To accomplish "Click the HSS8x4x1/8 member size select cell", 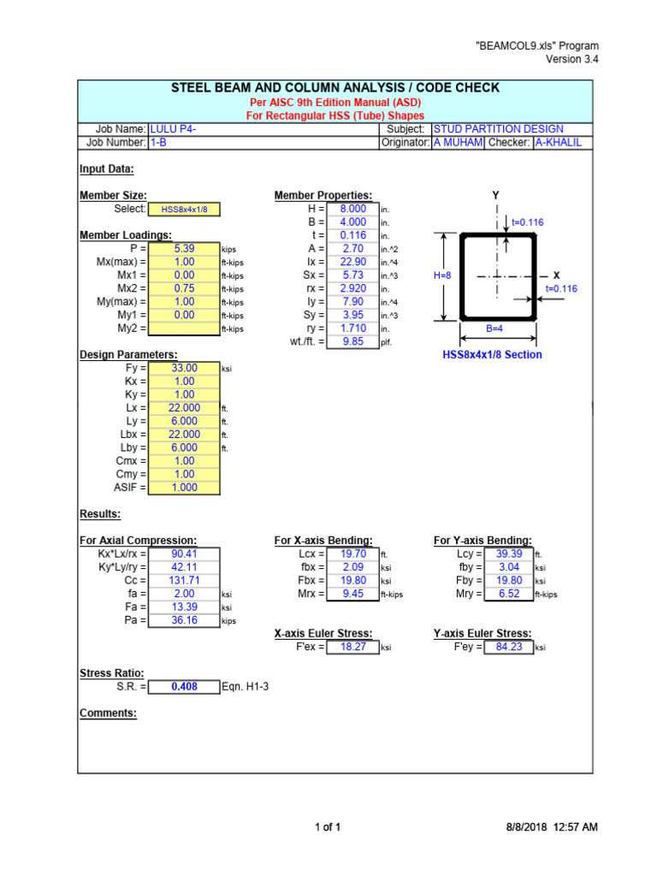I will point(183,209).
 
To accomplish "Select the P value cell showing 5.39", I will point(183,249).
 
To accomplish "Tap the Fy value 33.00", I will point(183,368).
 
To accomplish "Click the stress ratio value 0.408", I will point(183,686).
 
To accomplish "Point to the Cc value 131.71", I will point(183,580).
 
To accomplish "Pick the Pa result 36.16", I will point(183,620).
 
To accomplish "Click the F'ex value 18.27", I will point(352,647).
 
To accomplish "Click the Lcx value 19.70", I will point(352,553).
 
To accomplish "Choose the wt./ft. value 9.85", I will point(352,341).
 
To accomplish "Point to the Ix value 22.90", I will point(352,262).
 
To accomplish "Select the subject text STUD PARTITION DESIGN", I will point(498,129).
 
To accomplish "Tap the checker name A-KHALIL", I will point(557,143).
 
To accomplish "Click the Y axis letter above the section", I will point(496,196).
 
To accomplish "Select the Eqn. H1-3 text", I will point(246,686).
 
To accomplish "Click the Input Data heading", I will point(107,169).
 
